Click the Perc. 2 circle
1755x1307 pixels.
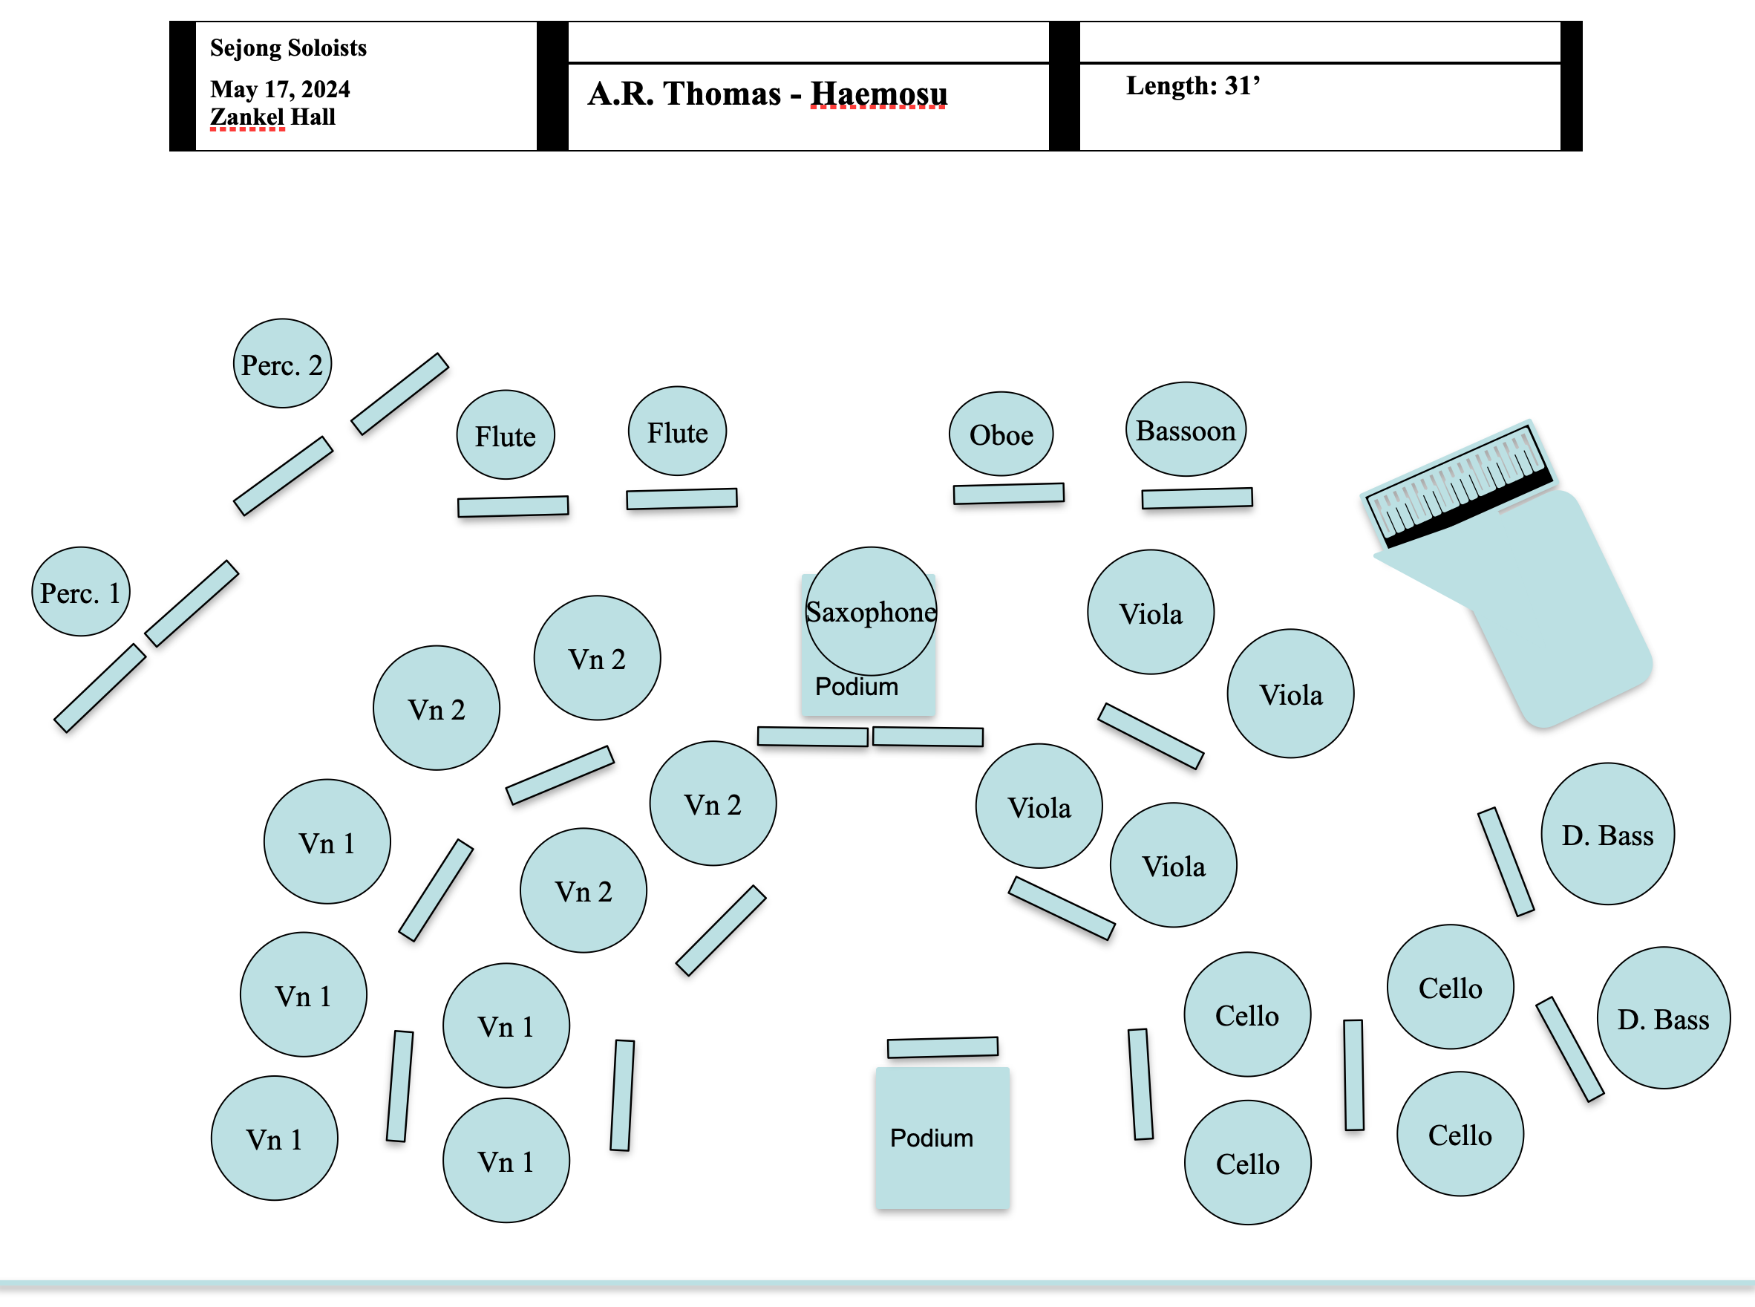(x=282, y=364)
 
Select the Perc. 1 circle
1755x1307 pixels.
(x=81, y=592)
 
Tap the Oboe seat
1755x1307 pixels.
(x=1001, y=434)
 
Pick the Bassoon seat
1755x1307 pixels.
(x=1186, y=429)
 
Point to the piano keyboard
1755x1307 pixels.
(x=1457, y=484)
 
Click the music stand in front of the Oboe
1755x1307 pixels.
(x=1008, y=494)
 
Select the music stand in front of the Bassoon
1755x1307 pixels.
(x=1197, y=498)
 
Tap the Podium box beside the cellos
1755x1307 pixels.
(x=942, y=1138)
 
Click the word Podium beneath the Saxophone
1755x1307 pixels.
(x=857, y=686)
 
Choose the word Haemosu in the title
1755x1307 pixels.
(x=879, y=94)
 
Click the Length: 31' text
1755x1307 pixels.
(x=1193, y=85)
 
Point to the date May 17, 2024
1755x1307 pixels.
(x=280, y=88)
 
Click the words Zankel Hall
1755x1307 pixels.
(x=273, y=117)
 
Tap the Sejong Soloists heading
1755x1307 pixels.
(x=288, y=48)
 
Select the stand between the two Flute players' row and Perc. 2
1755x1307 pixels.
(x=399, y=394)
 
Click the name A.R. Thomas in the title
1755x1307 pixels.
(x=684, y=94)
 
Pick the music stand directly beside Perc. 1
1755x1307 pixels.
(x=192, y=604)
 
